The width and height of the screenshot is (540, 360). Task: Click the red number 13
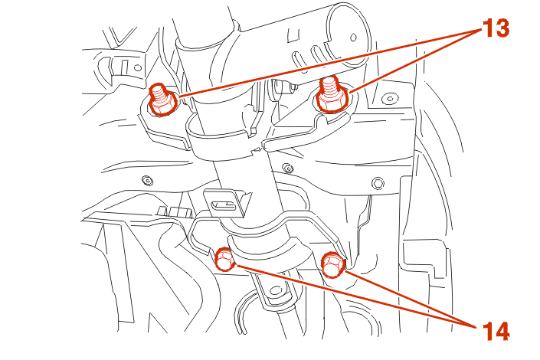click(x=496, y=28)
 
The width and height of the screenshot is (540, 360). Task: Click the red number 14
click(x=496, y=331)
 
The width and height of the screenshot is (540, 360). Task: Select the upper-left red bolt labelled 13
click(x=162, y=100)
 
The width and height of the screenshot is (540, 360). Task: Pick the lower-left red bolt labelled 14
click(x=224, y=260)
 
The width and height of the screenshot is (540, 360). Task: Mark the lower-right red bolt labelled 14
click(x=332, y=264)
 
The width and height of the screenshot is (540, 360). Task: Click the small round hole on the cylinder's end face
click(x=353, y=38)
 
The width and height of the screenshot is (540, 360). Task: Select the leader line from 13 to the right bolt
click(x=415, y=61)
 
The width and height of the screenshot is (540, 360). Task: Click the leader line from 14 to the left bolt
click(x=355, y=297)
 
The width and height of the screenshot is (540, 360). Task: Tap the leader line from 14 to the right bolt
click(x=411, y=299)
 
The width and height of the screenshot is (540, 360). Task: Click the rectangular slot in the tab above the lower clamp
click(x=224, y=206)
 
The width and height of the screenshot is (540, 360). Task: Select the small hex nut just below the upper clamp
click(x=287, y=169)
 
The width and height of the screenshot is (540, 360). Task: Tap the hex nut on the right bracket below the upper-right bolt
click(x=378, y=183)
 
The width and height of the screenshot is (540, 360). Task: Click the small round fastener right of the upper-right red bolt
click(x=390, y=99)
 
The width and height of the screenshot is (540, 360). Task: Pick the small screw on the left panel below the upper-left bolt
click(x=147, y=180)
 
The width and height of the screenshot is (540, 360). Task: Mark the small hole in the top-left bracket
click(x=138, y=68)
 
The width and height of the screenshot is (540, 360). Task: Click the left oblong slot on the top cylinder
click(x=298, y=59)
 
